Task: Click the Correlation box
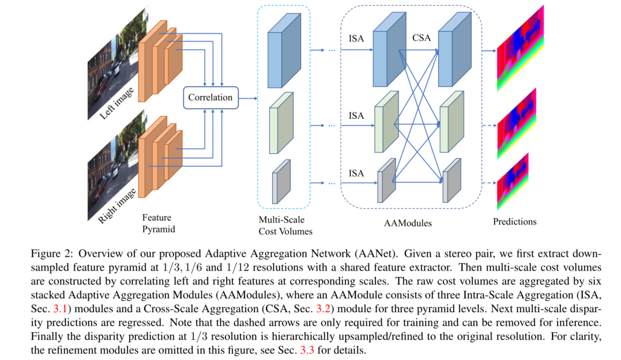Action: click(x=210, y=97)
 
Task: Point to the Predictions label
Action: click(x=515, y=222)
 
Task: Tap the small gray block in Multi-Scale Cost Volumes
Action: click(x=282, y=181)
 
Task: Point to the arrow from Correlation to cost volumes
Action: click(x=249, y=98)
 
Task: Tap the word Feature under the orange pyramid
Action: click(x=156, y=218)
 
